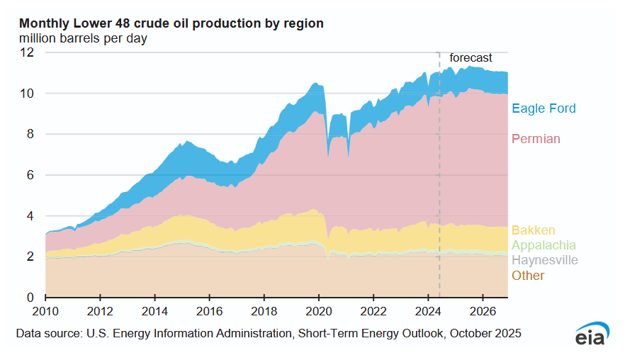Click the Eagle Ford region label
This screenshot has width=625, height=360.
pyautogui.click(x=544, y=108)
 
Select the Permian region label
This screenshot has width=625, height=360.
pyautogui.click(x=536, y=139)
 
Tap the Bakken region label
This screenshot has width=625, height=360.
pyautogui.click(x=533, y=230)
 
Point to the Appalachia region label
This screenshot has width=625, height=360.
pyautogui.click(x=544, y=245)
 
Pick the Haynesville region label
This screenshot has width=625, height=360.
pyautogui.click(x=545, y=260)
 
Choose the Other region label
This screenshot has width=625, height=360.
pyautogui.click(x=528, y=276)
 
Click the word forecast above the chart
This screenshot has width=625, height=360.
pyautogui.click(x=471, y=58)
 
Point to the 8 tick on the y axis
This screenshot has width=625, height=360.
pyautogui.click(x=30, y=134)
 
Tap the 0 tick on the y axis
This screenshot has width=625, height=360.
pyautogui.click(x=30, y=297)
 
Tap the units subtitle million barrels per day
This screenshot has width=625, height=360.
pyautogui.click(x=83, y=38)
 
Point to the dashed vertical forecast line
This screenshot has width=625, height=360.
pyautogui.click(x=439, y=177)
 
